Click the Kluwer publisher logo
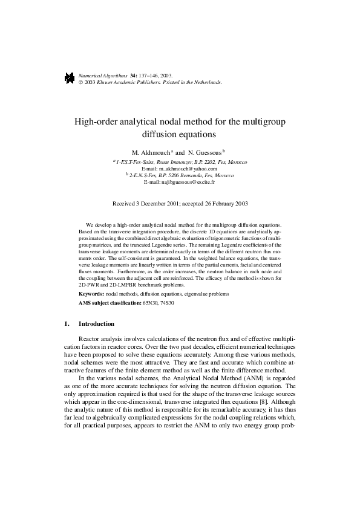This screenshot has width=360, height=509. pyautogui.click(x=69, y=77)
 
